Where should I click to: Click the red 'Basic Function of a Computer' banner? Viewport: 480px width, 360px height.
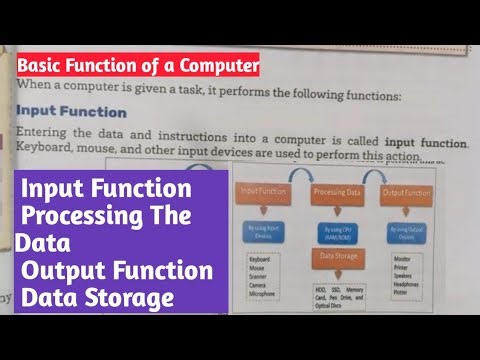pyautogui.click(x=138, y=67)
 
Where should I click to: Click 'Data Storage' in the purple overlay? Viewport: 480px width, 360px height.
pyautogui.click(x=96, y=297)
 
